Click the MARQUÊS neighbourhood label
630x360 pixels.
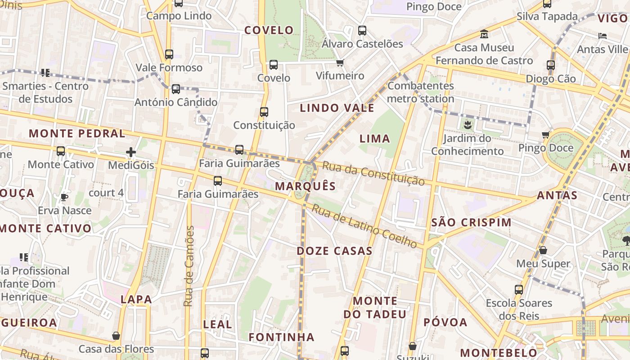pos(306,186)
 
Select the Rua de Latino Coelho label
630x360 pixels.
pos(364,226)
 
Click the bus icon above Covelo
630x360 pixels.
pos(274,65)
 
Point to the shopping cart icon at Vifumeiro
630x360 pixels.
pos(340,63)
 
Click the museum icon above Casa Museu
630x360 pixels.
pos(484,34)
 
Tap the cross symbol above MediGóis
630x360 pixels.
pos(131,152)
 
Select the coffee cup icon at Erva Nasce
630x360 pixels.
pos(64,197)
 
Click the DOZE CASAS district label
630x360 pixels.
pos(334,251)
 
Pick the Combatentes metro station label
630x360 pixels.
pos(421,92)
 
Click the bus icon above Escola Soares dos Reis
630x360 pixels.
pos(519,290)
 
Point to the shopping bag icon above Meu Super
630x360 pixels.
pos(543,250)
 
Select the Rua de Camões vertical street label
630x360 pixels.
pos(189,266)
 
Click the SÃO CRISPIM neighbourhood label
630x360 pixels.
pos(471,222)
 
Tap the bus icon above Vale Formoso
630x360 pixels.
pos(169,54)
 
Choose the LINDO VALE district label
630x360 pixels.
pos(337,108)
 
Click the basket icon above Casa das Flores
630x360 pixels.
pos(116,336)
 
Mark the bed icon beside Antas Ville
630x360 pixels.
pos(603,36)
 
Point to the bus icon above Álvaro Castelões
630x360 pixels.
pos(362,31)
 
